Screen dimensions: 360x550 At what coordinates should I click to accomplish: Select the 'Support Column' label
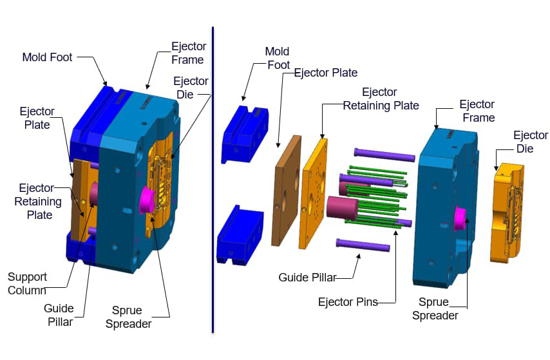(27, 283)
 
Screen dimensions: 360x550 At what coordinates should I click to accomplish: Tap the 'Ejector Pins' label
(348, 301)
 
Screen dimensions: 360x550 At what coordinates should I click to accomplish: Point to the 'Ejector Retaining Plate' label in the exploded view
(381, 99)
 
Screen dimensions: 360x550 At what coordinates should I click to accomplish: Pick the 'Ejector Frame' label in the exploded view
(477, 111)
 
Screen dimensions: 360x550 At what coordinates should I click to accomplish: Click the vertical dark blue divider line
(213, 180)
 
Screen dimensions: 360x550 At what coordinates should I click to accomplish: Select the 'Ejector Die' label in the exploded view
(530, 142)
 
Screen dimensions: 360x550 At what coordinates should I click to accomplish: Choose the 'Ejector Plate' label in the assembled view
(37, 118)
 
